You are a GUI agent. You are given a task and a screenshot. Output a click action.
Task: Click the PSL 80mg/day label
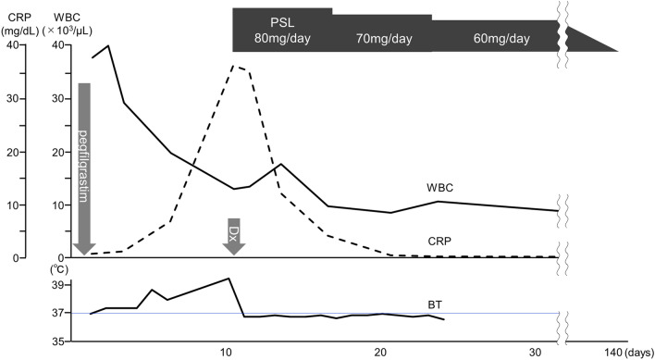(281, 31)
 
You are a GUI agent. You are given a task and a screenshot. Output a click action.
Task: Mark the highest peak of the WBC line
(109, 45)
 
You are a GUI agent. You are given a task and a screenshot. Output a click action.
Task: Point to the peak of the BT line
(229, 278)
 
